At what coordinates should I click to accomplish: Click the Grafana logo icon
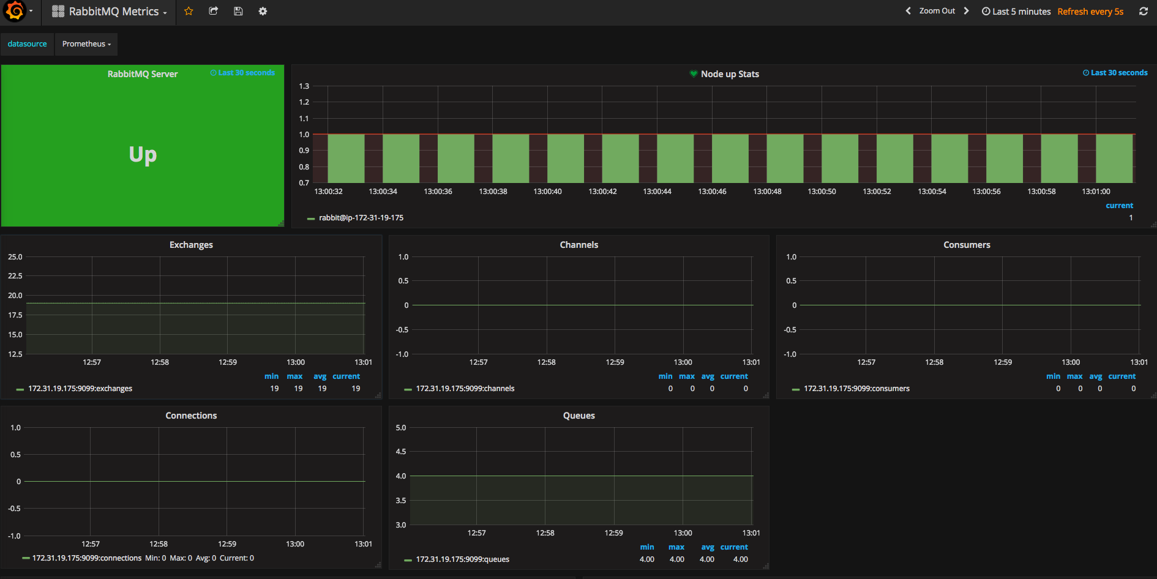[x=15, y=11]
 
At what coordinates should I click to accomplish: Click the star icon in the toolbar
[x=189, y=11]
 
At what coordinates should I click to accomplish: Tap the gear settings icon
[x=263, y=11]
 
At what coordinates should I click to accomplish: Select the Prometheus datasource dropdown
[x=86, y=44]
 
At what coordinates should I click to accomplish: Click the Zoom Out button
[x=937, y=11]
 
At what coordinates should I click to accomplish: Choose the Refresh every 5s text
[x=1090, y=12]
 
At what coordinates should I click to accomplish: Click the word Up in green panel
[x=143, y=155]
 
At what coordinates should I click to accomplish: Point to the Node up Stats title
[x=730, y=74]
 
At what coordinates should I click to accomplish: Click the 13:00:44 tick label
[x=657, y=192]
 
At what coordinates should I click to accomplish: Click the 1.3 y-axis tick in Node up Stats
[x=304, y=86]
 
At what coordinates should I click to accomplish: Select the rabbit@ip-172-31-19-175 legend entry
[x=361, y=218]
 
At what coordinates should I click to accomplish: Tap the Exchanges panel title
[x=191, y=245]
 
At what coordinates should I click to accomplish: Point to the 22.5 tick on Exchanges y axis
[x=15, y=276]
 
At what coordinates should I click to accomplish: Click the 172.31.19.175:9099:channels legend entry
[x=465, y=389]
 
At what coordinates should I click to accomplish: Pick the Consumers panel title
[x=967, y=245]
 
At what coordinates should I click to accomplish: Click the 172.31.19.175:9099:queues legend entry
[x=463, y=559]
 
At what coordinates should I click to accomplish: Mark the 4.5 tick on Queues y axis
[x=401, y=452]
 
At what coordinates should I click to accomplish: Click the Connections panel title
[x=191, y=416]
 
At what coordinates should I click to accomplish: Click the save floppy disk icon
[x=238, y=11]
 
